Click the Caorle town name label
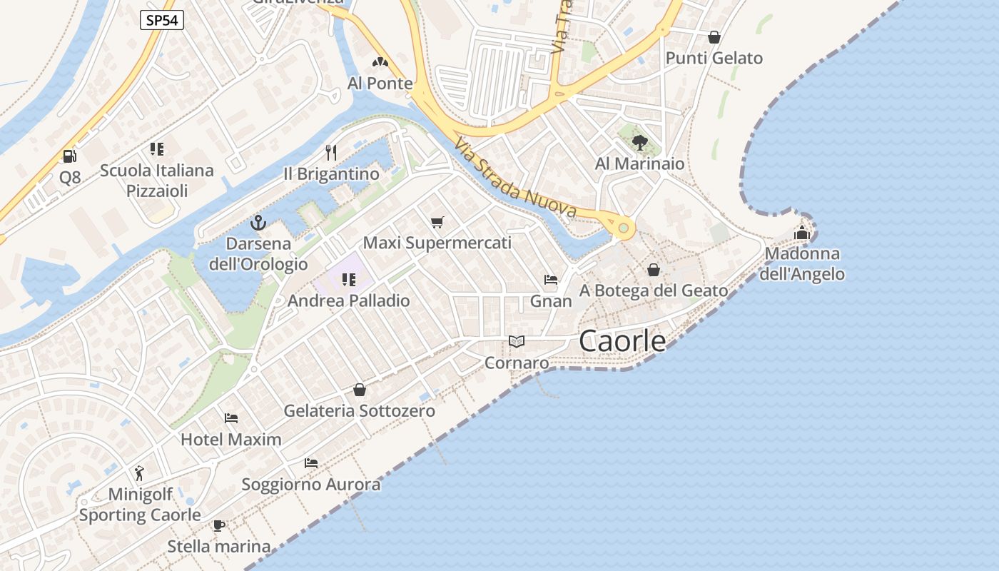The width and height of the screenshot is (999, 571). click(x=622, y=341)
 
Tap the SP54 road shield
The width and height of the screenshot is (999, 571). click(x=161, y=21)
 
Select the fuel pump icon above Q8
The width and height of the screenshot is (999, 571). click(x=69, y=156)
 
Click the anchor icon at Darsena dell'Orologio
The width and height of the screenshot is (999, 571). click(x=258, y=223)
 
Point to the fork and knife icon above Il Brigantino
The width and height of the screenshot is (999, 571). click(x=330, y=152)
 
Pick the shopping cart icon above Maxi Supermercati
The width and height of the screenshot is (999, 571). click(x=437, y=223)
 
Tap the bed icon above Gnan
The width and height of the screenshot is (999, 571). click(x=551, y=280)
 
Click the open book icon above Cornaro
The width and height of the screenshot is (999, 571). click(x=517, y=342)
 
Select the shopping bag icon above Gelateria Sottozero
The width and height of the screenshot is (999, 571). click(x=360, y=390)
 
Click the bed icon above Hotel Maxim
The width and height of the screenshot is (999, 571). click(x=230, y=418)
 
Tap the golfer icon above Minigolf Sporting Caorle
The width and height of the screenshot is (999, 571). click(x=139, y=473)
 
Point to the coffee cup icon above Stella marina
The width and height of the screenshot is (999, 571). click(x=219, y=526)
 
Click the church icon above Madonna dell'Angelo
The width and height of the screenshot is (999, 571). click(x=802, y=233)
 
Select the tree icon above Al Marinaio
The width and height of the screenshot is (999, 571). click(x=640, y=143)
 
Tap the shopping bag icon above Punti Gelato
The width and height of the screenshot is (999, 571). click(x=714, y=37)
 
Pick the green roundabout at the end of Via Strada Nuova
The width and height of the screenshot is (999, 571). click(x=624, y=228)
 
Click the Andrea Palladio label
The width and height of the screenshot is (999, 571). click(x=349, y=300)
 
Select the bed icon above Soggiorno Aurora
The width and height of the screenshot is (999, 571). click(x=311, y=463)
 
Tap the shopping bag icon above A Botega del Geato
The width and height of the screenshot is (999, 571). click(x=654, y=270)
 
